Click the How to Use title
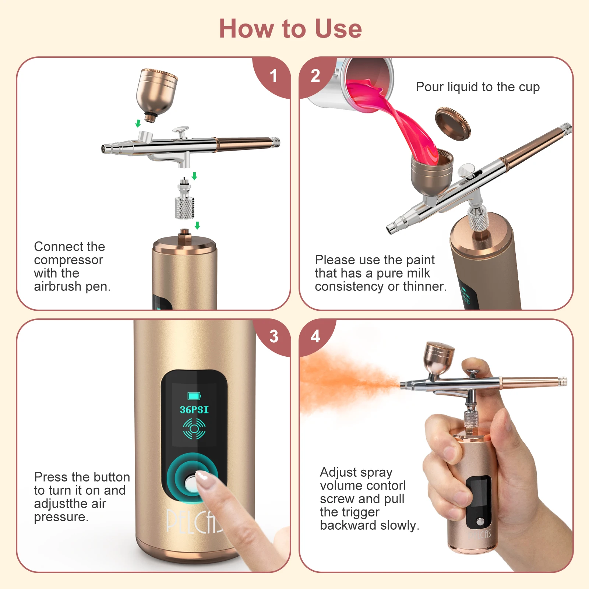[x=290, y=29]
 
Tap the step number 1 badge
[x=273, y=76]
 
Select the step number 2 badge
[x=315, y=76]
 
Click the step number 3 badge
[x=274, y=336]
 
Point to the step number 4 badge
[x=315, y=336]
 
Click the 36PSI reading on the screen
[x=194, y=410]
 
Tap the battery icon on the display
[x=194, y=396]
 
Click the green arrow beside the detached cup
[x=138, y=123]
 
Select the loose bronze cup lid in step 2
[x=453, y=124]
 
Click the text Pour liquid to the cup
[x=477, y=87]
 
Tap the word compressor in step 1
[x=68, y=260]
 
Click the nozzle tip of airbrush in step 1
[x=104, y=149]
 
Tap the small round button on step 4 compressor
[x=480, y=521]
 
